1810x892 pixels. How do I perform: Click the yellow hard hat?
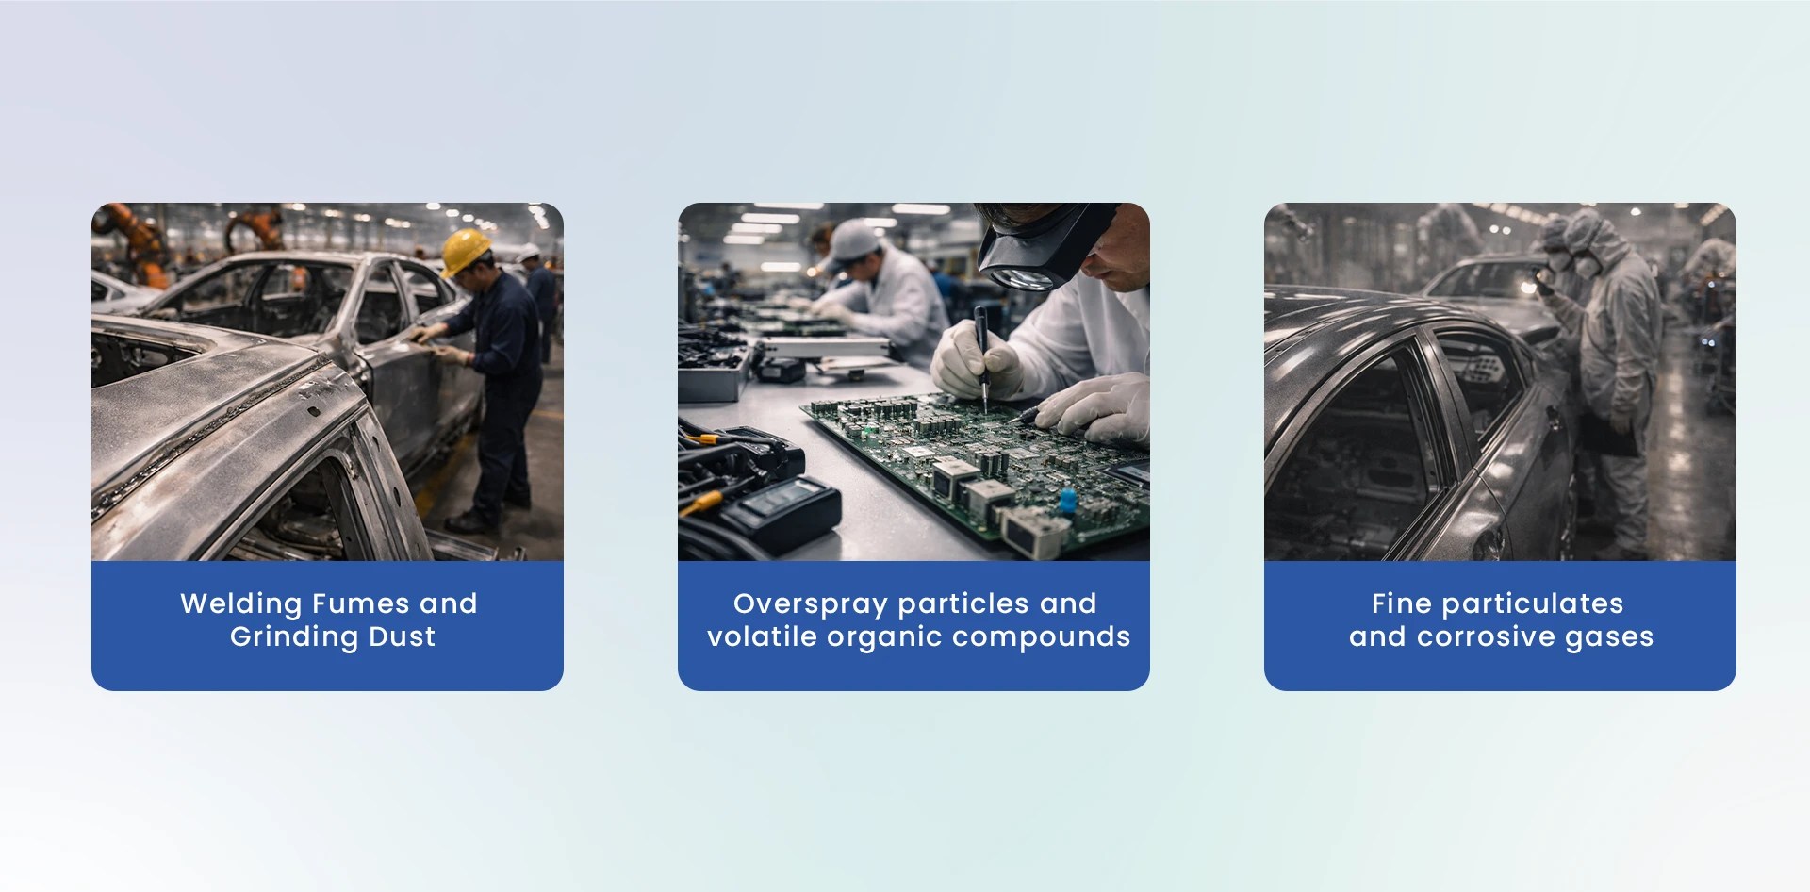point(466,251)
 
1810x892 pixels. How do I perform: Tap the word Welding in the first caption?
point(240,603)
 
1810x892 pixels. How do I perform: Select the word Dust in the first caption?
point(402,636)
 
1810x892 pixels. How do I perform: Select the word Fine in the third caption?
point(1401,603)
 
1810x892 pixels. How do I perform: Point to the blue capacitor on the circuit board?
point(1067,499)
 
